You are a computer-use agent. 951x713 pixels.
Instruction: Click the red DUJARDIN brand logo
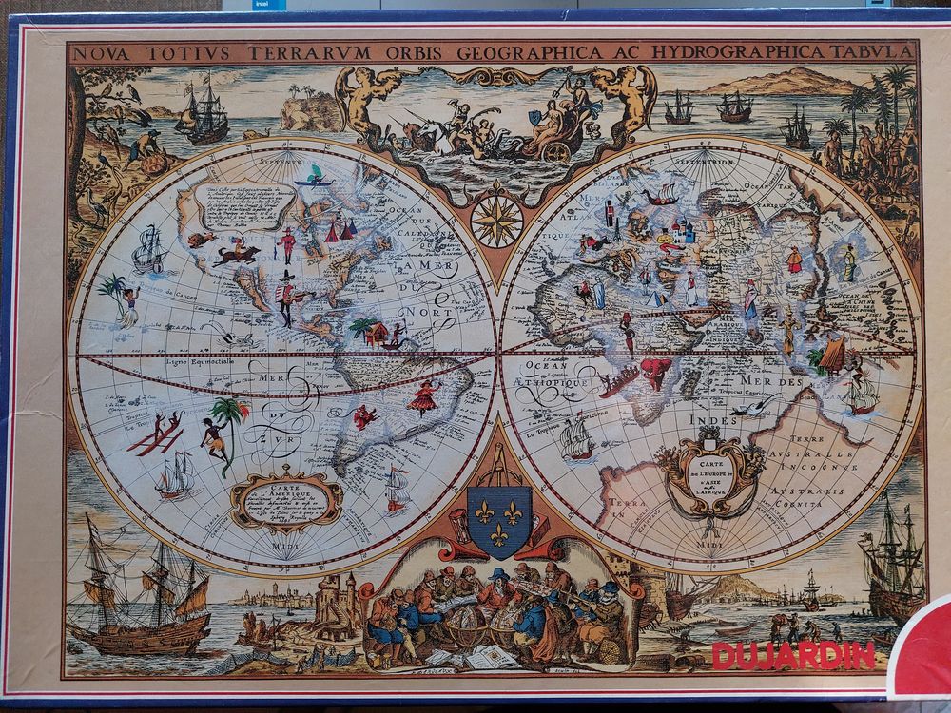tap(791, 655)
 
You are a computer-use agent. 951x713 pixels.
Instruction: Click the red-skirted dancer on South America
tap(423, 395)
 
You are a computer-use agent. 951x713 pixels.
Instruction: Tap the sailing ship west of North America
tap(149, 249)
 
